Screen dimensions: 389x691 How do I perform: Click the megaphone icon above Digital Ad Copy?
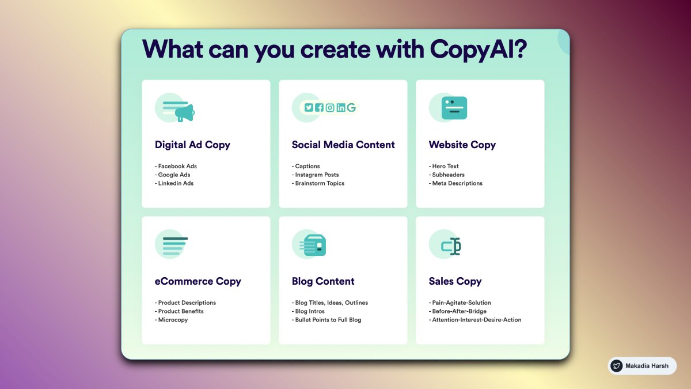pyautogui.click(x=184, y=112)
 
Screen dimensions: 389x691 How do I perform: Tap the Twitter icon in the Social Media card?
pyautogui.click(x=309, y=108)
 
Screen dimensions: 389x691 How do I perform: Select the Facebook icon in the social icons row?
pyautogui.click(x=320, y=108)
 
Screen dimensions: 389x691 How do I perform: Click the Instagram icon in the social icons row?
pyautogui.click(x=330, y=108)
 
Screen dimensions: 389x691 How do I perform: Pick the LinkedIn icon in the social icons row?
pyautogui.click(x=341, y=108)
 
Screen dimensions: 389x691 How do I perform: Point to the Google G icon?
pyautogui.click(x=351, y=108)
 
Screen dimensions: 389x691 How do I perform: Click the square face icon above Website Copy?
pyautogui.click(x=454, y=108)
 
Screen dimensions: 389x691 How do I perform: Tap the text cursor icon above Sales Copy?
pyautogui.click(x=451, y=247)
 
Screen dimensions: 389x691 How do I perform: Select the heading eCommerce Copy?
pyautogui.click(x=198, y=281)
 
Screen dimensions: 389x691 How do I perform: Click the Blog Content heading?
pyautogui.click(x=323, y=281)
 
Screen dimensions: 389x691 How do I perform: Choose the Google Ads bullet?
pyautogui.click(x=174, y=175)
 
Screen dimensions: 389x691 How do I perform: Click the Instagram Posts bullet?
pyautogui.click(x=317, y=175)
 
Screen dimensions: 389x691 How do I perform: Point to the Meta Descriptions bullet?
pyautogui.click(x=457, y=183)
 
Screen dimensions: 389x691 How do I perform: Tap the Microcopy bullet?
pyautogui.click(x=173, y=320)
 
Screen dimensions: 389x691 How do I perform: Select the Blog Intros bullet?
pyautogui.click(x=309, y=311)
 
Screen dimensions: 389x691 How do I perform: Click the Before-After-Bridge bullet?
pyautogui.click(x=459, y=311)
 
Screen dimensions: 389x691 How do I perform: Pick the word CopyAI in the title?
pyautogui.click(x=477, y=50)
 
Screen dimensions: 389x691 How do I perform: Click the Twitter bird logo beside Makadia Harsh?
pyautogui.click(x=617, y=366)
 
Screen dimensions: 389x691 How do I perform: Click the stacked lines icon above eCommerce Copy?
pyautogui.click(x=175, y=246)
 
